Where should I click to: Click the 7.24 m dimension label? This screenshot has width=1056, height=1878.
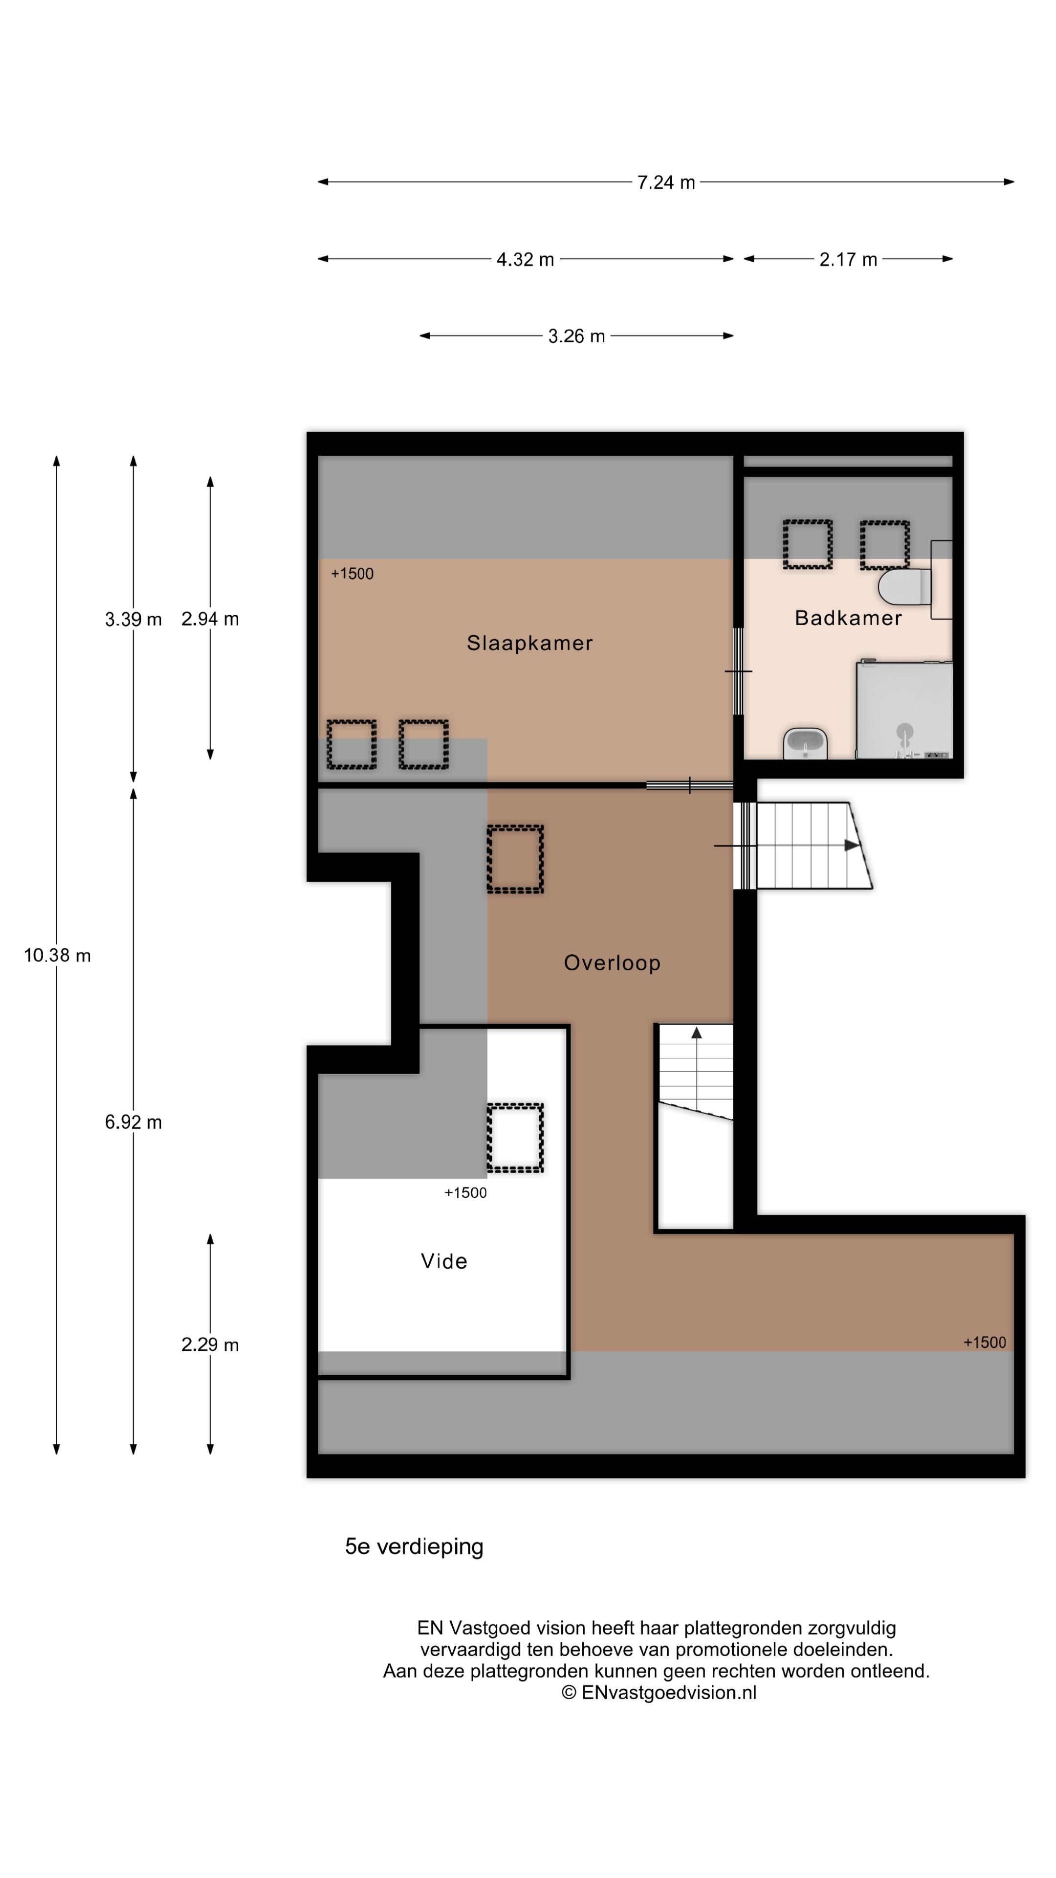(x=665, y=182)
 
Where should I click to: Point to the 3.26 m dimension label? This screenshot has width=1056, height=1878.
(x=576, y=336)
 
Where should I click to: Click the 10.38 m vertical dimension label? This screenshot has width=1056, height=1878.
(x=57, y=955)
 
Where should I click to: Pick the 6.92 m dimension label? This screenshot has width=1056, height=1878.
(x=133, y=1122)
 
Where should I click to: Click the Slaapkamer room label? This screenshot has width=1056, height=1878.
(x=529, y=643)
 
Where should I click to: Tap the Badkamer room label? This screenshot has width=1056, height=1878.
(x=848, y=618)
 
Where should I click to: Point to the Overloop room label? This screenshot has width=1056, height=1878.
(x=612, y=963)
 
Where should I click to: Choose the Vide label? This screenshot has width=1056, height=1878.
(x=444, y=1261)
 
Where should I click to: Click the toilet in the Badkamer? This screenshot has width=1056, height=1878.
(x=905, y=587)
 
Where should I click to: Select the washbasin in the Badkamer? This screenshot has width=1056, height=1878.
(x=805, y=743)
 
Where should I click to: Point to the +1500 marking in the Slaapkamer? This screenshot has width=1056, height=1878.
(x=352, y=574)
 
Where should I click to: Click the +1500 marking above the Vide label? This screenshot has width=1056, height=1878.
(x=465, y=1193)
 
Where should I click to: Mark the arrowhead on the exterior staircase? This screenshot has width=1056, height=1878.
(x=851, y=846)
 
